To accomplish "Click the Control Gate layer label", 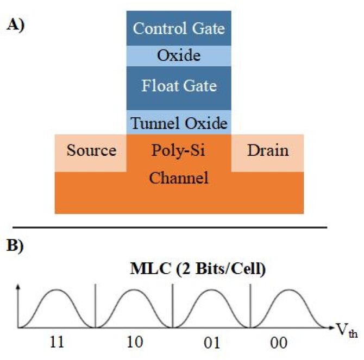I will click(x=179, y=28).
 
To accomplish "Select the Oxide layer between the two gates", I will click(x=179, y=55).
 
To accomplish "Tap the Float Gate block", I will click(x=179, y=86).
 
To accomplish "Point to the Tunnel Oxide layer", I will click(x=179, y=123).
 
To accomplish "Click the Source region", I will click(x=91, y=150).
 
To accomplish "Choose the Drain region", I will click(x=267, y=150).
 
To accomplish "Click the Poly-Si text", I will click(x=179, y=150).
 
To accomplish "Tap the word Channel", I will click(x=179, y=178).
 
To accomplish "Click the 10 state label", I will click(x=133, y=344).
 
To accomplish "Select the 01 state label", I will click(x=210, y=344).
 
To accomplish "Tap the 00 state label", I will click(x=287, y=344).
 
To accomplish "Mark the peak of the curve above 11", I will click(x=57, y=290).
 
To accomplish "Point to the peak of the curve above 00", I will click(x=288, y=290).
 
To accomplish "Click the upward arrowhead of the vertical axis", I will click(x=18, y=286).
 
